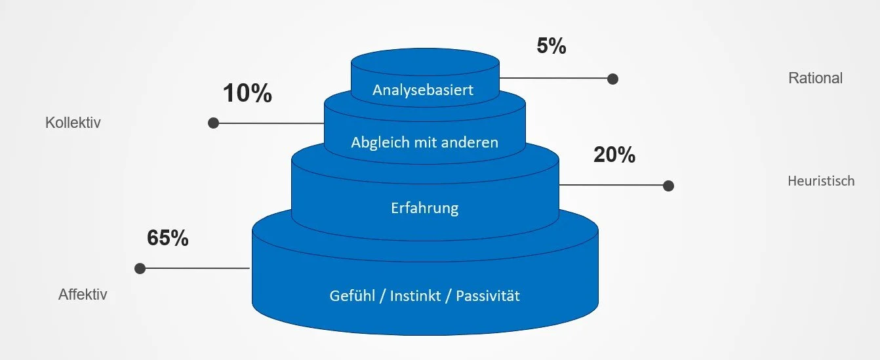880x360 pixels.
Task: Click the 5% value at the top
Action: tap(551, 47)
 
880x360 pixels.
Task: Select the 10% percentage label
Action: tap(247, 94)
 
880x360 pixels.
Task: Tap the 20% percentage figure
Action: tap(614, 155)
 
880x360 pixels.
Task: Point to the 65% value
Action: tap(168, 238)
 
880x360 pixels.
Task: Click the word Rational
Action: tap(815, 78)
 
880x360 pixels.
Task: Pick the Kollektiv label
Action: tap(73, 123)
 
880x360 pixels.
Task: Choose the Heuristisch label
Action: tap(821, 181)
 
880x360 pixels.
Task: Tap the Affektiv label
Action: tap(83, 294)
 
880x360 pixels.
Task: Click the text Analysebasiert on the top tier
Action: tap(423, 90)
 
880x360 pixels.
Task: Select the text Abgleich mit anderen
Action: tap(424, 142)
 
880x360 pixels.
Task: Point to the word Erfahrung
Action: tap(424, 209)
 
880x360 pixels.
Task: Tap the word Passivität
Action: tap(487, 296)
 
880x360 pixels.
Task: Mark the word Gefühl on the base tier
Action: tap(353, 296)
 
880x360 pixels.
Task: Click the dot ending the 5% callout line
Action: tap(612, 79)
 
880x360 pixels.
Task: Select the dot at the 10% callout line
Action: tap(213, 123)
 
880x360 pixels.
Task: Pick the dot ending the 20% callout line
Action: tap(668, 186)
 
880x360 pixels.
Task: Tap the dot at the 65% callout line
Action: tap(140, 268)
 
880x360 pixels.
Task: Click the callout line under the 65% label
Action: tap(197, 268)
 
